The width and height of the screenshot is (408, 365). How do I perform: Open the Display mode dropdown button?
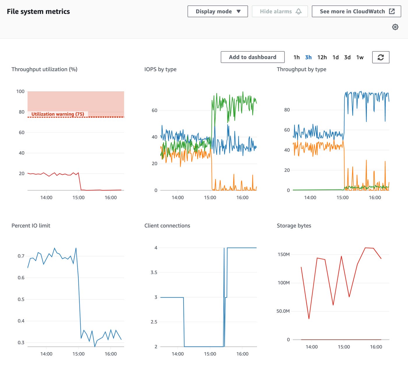[x=217, y=11]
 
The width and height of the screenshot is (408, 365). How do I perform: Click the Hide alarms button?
[x=280, y=11]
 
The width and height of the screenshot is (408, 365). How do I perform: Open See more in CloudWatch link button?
[x=356, y=11]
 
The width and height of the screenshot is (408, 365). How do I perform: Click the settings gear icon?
[x=395, y=27]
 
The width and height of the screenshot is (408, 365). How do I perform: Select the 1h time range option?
[x=296, y=57]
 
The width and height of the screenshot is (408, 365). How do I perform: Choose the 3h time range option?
[x=308, y=57]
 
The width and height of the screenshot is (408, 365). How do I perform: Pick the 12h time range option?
[x=322, y=57]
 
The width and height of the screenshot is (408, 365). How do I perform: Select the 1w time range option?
[x=360, y=57]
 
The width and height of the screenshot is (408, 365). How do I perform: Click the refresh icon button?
[x=381, y=57]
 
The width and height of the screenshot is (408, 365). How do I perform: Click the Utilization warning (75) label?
[x=58, y=114]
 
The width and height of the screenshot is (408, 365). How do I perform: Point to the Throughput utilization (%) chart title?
[x=44, y=69]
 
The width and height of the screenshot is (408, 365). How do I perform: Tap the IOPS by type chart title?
[x=160, y=69]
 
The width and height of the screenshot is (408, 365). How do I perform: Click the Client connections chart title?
[x=167, y=226]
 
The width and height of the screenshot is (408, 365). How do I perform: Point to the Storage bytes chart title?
[x=294, y=226]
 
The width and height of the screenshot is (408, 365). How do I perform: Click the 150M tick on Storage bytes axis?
[x=284, y=255]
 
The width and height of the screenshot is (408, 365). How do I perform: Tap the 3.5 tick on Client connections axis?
[x=154, y=273]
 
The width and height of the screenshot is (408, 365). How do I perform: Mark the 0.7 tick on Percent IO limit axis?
[x=21, y=256]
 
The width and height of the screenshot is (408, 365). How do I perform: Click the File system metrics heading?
[x=38, y=12]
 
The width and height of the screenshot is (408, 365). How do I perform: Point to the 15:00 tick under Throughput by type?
[x=342, y=198]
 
